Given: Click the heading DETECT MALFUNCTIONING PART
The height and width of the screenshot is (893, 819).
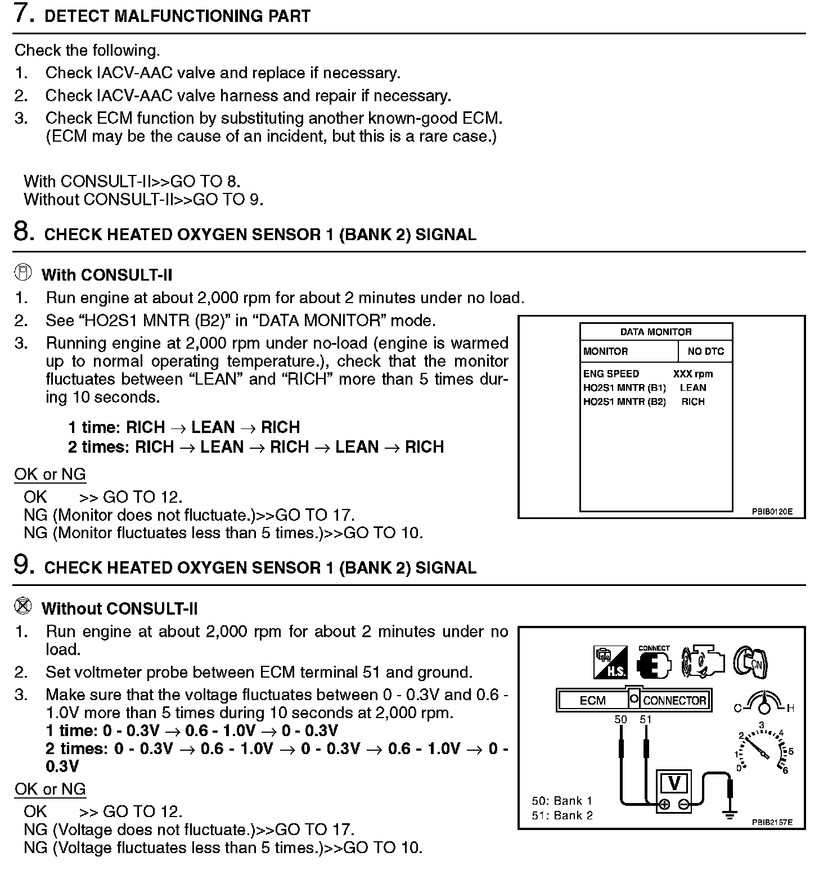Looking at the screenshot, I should coord(177,16).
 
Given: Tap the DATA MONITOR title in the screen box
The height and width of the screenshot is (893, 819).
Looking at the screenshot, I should coord(656,332).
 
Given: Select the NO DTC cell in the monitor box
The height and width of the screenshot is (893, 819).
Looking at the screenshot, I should coord(705,351).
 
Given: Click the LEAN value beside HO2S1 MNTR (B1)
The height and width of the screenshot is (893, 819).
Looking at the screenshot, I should coord(693,387).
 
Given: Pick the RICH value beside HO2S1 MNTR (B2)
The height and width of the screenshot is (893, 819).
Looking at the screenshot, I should coord(693,402).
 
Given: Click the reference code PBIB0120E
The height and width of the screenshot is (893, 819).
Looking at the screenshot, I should coord(772,512).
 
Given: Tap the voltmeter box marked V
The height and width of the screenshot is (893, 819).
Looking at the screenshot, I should coord(674,783).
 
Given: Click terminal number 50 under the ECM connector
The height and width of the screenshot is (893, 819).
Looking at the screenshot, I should coord(620,719).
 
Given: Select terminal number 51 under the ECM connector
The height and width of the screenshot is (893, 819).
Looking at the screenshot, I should coord(646,719).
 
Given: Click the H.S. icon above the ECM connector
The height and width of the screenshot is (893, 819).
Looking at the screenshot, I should coord(610,662).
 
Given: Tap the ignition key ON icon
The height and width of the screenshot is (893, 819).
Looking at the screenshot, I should coord(751,662).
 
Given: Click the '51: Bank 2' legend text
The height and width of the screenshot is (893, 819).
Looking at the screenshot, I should coord(562,815).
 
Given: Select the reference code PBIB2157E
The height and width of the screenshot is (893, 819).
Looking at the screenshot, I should coord(772,822).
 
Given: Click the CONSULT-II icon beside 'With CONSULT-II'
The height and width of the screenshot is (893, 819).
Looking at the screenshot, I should coord(24,273).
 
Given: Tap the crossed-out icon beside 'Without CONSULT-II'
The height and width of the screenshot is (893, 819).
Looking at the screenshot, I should coord(24,606).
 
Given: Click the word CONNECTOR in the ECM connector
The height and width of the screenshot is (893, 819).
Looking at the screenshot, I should coord(674,701).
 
